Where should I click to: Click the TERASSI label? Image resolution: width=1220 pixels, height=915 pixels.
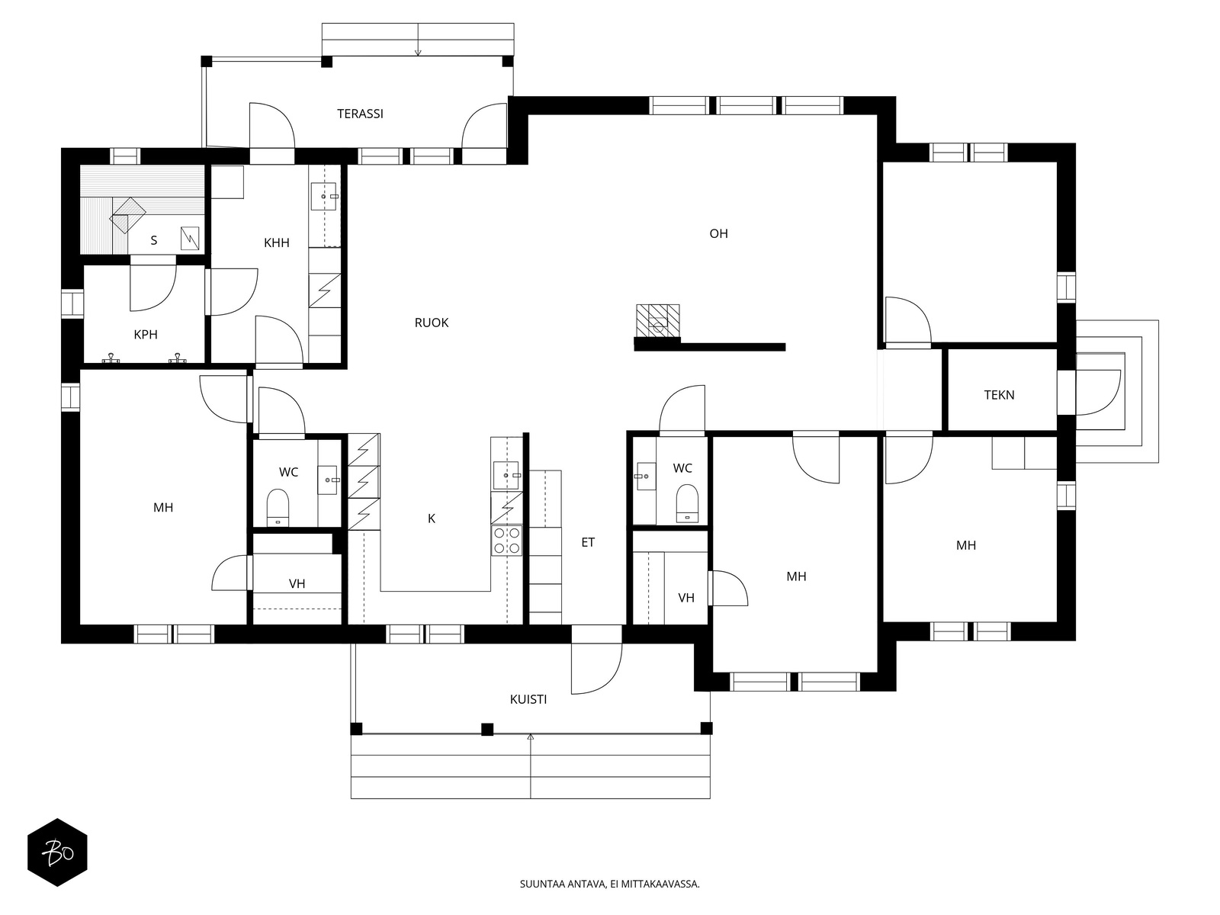pos(360,114)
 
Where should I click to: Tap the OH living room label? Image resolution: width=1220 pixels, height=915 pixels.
pos(718,233)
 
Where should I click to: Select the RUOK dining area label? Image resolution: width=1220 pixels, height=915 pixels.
pos(432,323)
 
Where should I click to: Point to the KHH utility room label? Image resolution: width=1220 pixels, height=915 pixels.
pos(276,242)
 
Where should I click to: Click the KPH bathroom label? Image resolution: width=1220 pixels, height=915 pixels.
pos(146,335)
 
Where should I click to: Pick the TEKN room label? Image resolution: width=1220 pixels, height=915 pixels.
pos(999,395)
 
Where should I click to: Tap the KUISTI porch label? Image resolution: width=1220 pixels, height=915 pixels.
pos(528,699)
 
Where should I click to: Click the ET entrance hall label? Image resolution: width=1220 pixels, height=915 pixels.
pos(588,542)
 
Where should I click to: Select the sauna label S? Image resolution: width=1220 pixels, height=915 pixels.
pos(154,240)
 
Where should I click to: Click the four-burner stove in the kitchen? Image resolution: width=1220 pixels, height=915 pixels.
pos(506,541)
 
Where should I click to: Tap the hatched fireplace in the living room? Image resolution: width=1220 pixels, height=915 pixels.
pos(657,320)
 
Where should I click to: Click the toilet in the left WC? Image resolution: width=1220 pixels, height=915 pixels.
pos(278,506)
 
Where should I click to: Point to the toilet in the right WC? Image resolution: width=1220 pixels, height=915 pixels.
pos(688,503)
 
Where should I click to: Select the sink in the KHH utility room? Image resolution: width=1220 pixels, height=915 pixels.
pos(324,196)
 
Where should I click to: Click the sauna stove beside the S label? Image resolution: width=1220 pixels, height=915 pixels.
pos(190,239)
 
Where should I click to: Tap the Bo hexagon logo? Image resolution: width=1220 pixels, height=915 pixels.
pos(57,852)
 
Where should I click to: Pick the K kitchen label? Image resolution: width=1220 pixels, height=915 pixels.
pos(432,518)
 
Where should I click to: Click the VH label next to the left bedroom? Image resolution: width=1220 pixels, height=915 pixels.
pos(297,583)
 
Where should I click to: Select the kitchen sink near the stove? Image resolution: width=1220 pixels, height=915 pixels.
pos(506,476)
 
